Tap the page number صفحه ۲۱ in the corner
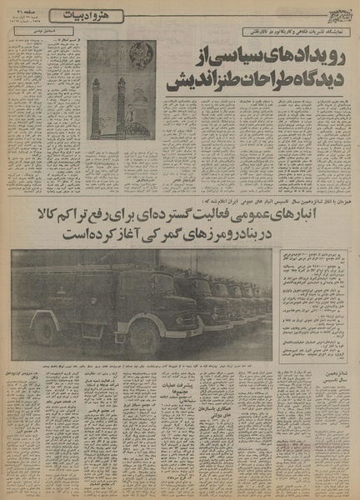[18, 13]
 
